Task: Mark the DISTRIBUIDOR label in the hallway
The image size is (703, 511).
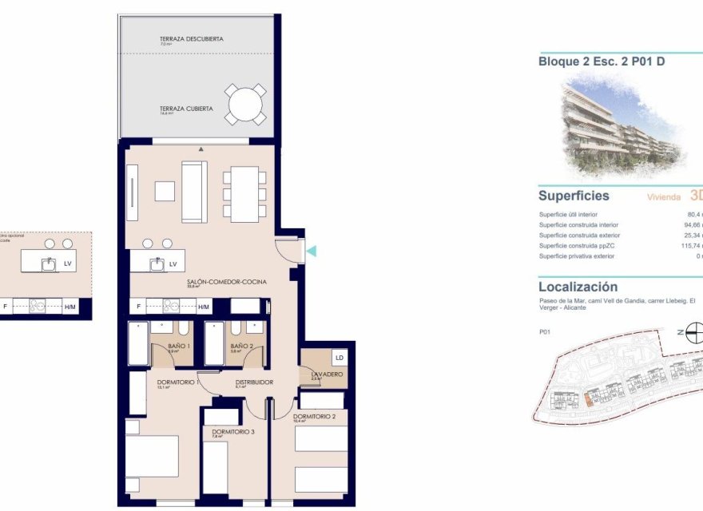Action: coord(254,382)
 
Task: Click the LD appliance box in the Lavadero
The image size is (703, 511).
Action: coord(339,357)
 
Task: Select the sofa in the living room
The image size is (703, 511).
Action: coord(194,192)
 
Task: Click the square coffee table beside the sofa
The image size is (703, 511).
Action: coord(165,191)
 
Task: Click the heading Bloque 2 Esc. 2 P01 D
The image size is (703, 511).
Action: coord(602,61)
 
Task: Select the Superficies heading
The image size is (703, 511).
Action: coord(574,196)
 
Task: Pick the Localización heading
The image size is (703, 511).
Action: coord(578,287)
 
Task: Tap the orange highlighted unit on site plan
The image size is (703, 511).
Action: coord(592,397)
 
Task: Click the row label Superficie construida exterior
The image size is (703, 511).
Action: coord(578,236)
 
